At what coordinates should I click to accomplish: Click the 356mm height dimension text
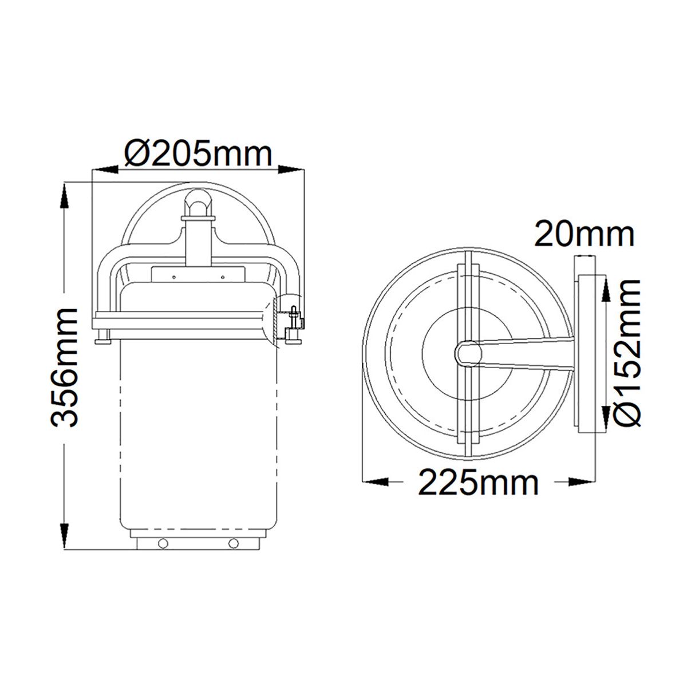coord(64,366)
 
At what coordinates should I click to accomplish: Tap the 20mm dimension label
coord(584,235)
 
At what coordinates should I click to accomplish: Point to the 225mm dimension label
coord(479,483)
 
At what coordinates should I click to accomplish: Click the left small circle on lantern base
coord(163,543)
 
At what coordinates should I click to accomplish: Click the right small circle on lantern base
coord(232,543)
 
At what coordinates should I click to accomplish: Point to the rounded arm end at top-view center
coord(467,353)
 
